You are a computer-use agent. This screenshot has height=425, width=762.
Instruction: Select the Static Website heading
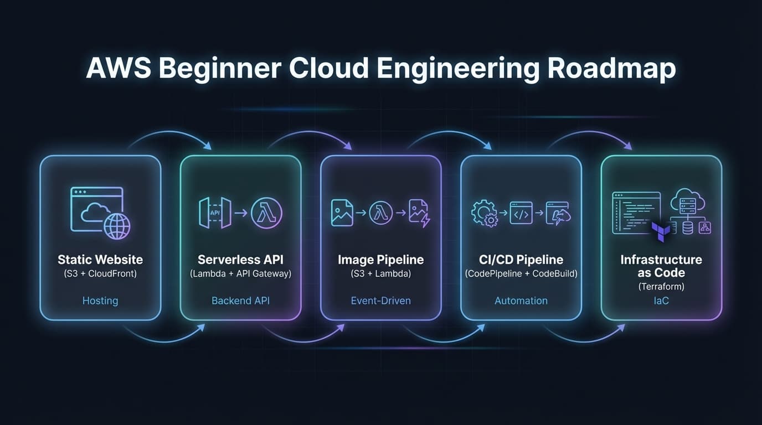click(100, 260)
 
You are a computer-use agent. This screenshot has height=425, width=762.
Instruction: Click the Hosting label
click(100, 301)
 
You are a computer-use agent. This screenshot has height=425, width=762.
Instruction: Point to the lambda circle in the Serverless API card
click(266, 212)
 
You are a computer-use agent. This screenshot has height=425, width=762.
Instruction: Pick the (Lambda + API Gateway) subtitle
click(240, 273)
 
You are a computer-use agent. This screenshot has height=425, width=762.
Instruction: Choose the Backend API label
click(240, 301)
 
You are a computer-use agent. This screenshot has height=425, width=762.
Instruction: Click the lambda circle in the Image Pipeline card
click(380, 212)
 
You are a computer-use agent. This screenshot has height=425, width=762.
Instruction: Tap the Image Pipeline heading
click(380, 260)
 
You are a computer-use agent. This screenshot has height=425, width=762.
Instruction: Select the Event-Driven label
click(380, 301)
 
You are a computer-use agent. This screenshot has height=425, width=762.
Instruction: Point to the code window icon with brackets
click(521, 213)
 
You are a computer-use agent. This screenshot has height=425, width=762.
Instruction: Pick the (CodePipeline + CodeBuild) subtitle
click(521, 273)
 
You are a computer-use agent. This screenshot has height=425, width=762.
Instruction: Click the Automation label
click(521, 301)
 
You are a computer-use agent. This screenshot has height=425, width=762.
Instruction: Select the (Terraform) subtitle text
click(661, 287)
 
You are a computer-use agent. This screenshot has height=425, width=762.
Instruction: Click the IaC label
click(661, 301)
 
